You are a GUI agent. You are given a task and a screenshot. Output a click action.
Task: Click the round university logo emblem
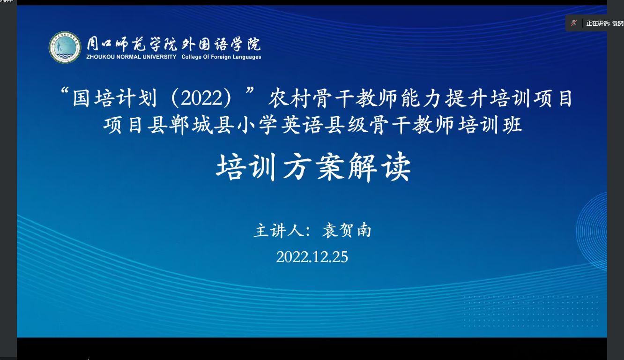coord(65,47)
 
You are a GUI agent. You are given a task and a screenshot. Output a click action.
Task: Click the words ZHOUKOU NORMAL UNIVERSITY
coord(131,57)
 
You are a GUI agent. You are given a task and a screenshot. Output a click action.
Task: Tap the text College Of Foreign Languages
coord(222,57)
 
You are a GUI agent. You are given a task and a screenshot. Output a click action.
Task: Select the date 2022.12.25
coord(312,256)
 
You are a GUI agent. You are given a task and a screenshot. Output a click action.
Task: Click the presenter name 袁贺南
coord(347,231)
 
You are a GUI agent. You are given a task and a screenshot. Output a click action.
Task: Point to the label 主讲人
coord(279,231)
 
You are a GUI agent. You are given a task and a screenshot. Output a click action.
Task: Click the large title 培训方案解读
coord(313,167)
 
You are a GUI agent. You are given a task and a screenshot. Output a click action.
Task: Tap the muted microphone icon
coord(574,23)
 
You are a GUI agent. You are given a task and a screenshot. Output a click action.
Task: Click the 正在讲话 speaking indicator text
coord(598,23)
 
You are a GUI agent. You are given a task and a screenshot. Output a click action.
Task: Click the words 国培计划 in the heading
coord(114,98)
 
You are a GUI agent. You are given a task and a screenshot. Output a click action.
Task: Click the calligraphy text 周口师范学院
coord(132,44)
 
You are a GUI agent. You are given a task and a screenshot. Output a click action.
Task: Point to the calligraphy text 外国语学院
coord(222,44)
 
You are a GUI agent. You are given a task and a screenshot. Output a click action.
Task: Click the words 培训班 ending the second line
coord(490,125)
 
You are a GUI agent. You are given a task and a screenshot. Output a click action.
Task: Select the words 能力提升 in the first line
coord(444,98)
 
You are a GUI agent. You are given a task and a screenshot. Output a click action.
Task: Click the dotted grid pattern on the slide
coord(531,311)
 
